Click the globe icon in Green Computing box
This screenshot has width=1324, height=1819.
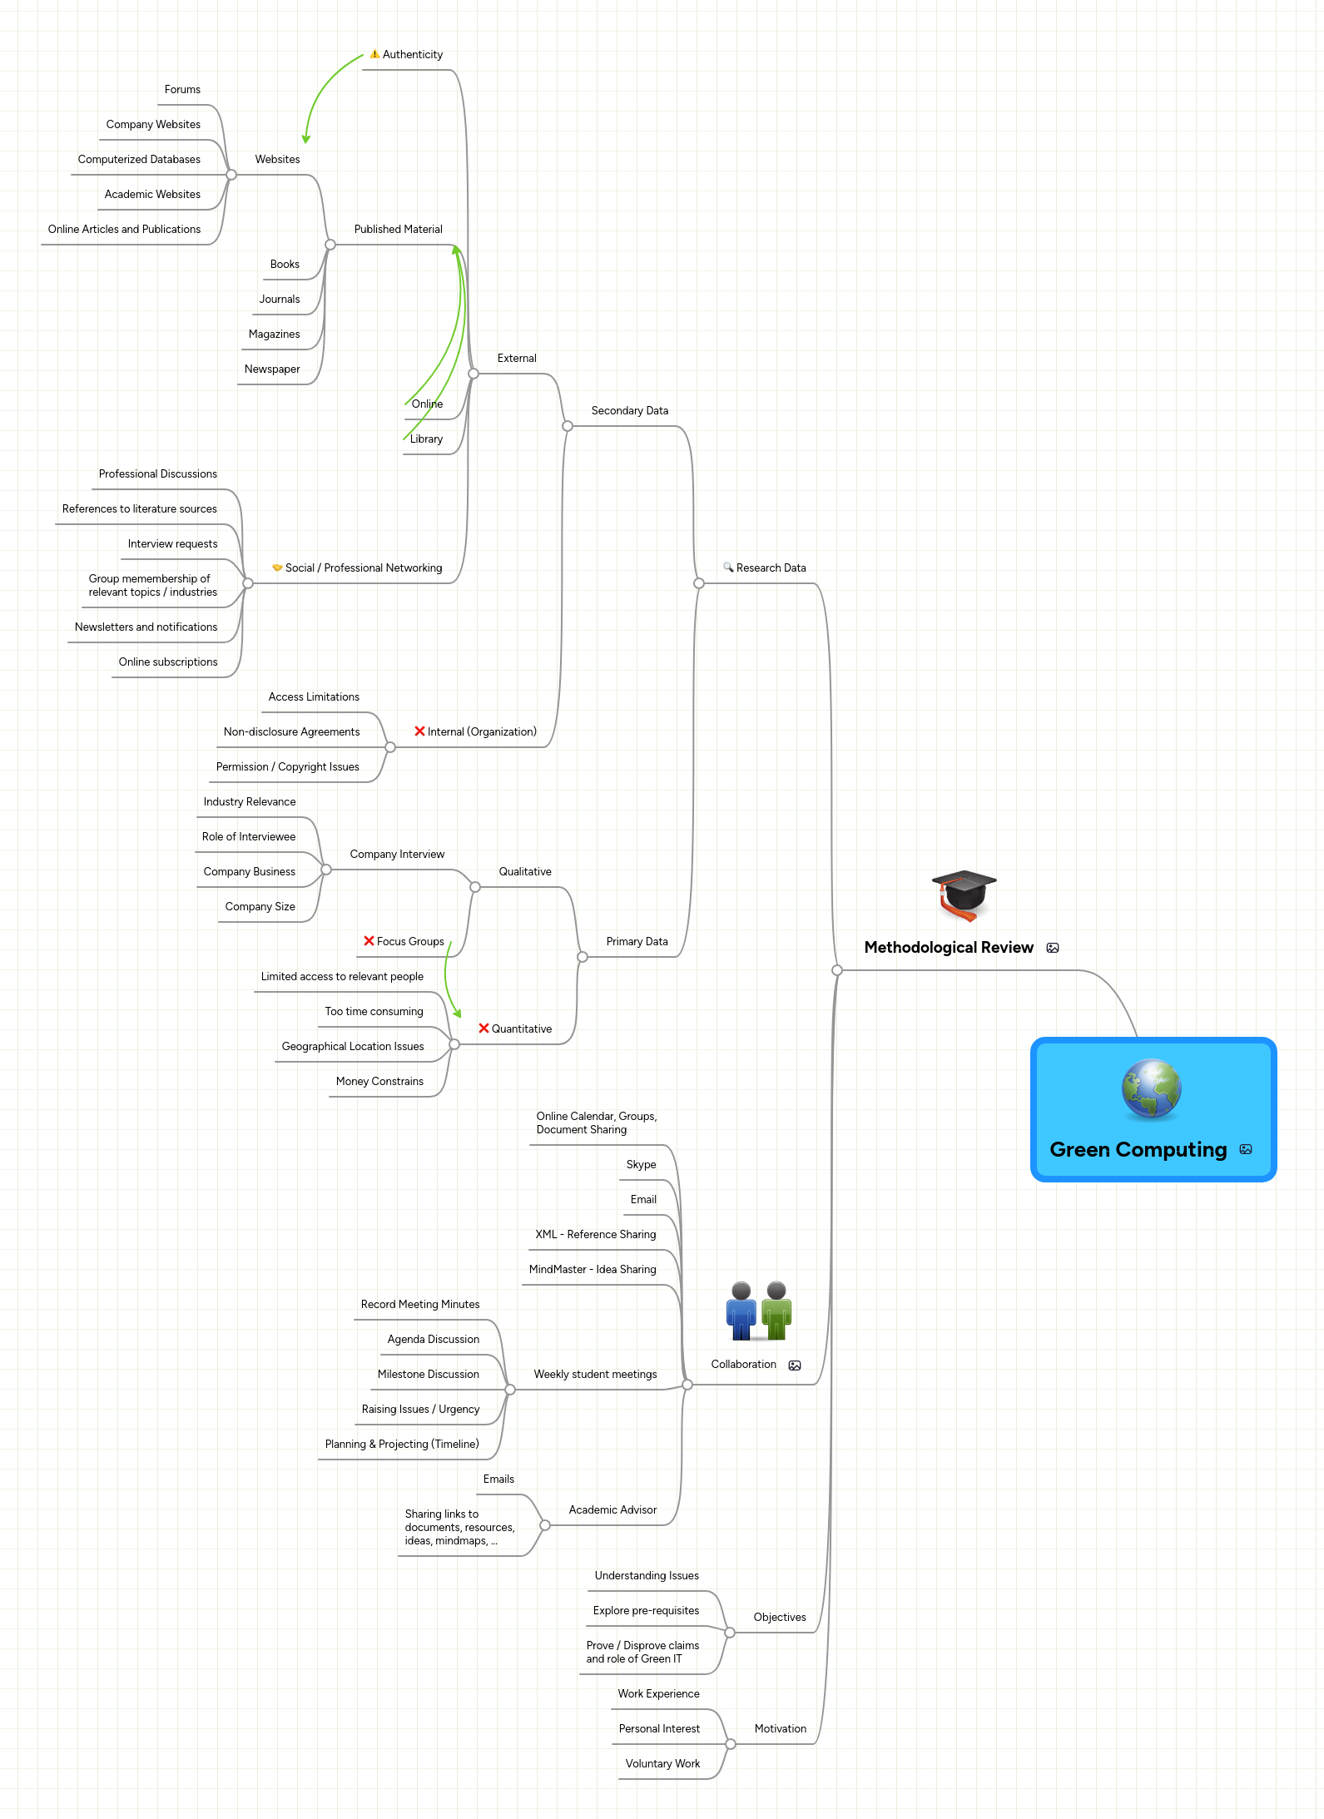(1151, 1088)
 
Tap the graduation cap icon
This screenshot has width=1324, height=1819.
(964, 894)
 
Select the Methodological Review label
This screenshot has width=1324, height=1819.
(949, 948)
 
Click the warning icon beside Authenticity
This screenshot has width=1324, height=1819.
(374, 54)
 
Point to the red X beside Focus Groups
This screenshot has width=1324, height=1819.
(369, 941)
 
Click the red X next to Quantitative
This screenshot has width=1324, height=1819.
(483, 1028)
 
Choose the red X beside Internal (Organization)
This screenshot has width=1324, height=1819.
(419, 731)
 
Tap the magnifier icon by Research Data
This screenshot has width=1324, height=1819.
(728, 568)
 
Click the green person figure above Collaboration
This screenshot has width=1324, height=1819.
(776, 1311)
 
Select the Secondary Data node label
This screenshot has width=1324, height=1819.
(630, 411)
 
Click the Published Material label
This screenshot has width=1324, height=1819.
(399, 230)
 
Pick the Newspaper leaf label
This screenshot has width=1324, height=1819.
(272, 369)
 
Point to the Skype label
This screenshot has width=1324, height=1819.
(641, 1165)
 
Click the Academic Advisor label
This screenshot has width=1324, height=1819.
(612, 1510)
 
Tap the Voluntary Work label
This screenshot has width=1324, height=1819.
(662, 1764)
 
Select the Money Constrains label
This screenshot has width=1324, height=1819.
(379, 1082)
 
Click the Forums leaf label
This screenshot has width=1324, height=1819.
(182, 90)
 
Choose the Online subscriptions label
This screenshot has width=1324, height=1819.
(168, 662)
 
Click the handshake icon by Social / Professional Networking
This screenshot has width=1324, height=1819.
(277, 568)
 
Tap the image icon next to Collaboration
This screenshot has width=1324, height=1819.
(795, 1365)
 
